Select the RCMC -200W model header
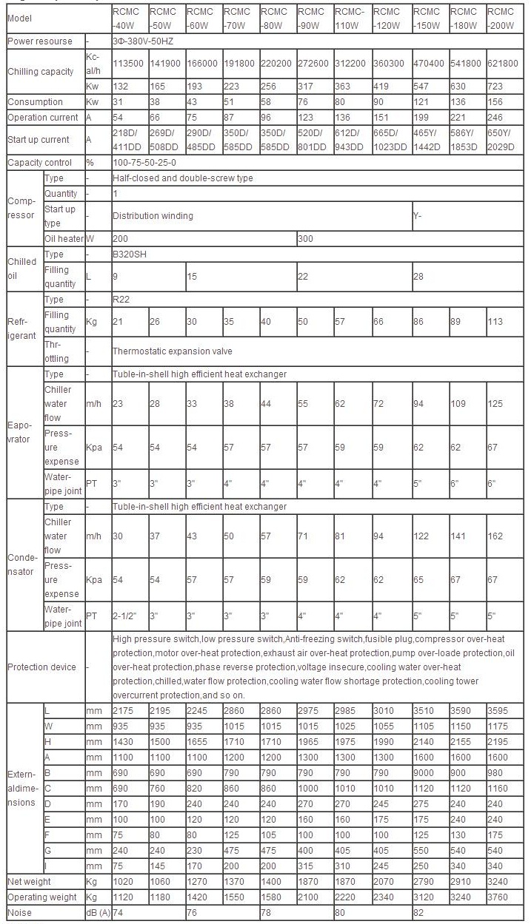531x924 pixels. (501, 18)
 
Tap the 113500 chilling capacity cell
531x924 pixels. (127, 63)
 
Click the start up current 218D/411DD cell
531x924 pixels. (127, 140)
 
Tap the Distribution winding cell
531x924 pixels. (153, 216)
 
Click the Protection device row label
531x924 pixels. (43, 667)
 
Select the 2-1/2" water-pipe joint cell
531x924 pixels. (125, 616)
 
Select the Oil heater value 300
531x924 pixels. (305, 239)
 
